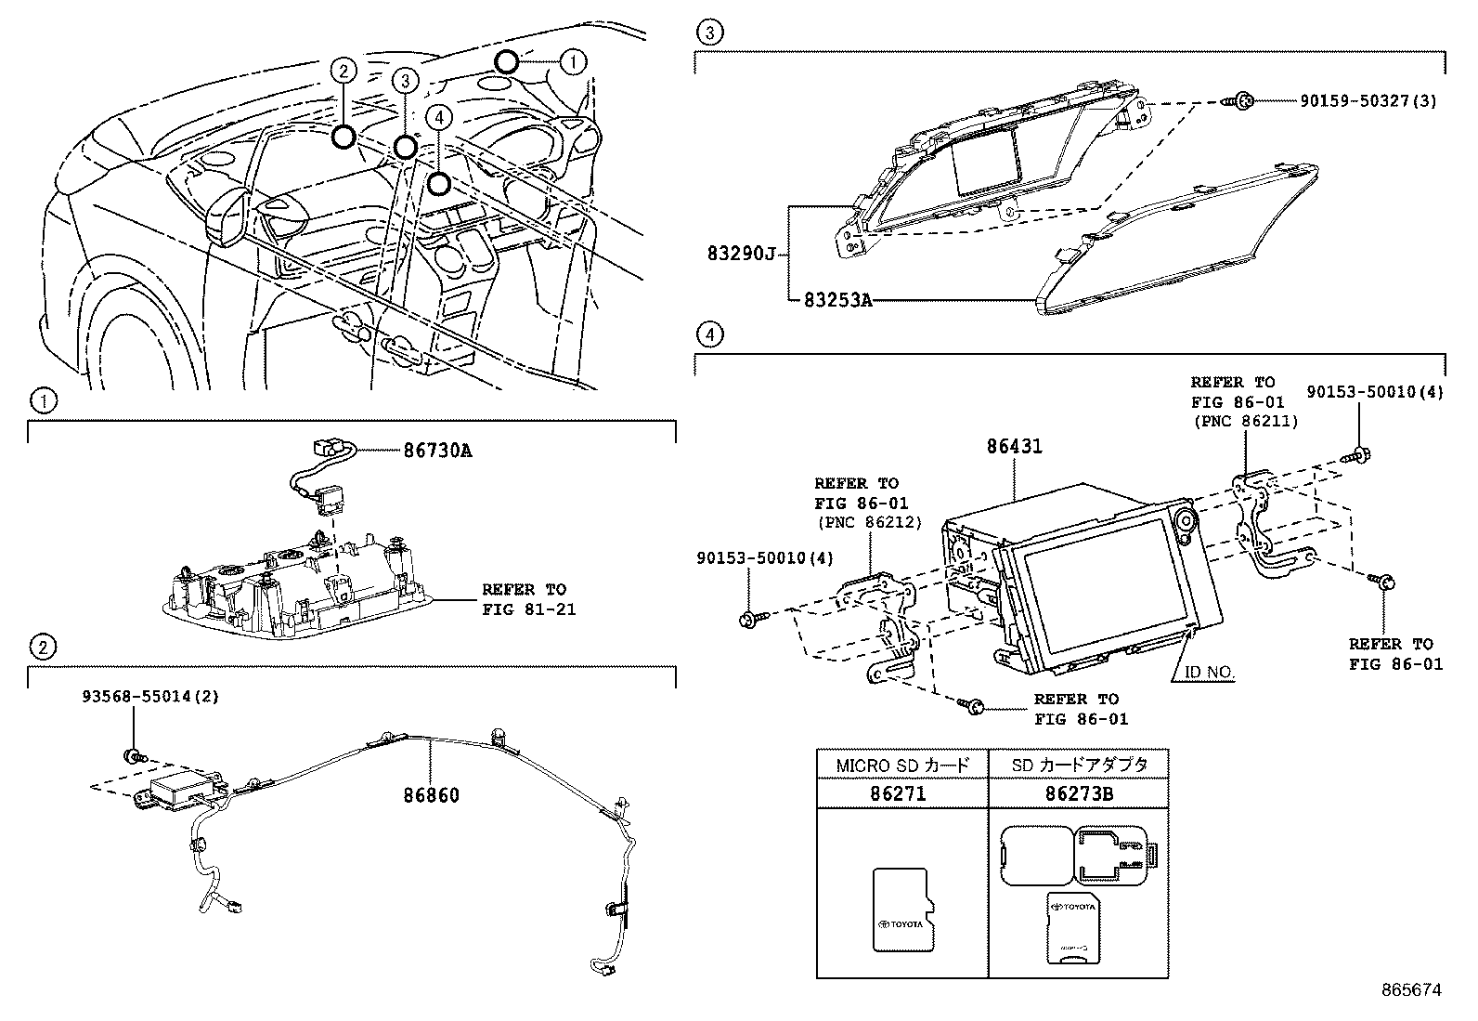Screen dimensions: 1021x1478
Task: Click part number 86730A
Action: click(x=437, y=451)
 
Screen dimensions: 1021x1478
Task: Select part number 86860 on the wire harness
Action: click(x=431, y=795)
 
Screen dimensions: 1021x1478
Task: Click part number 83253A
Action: click(x=836, y=300)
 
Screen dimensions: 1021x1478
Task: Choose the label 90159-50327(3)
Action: click(x=1368, y=99)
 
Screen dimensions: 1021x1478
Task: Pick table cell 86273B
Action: click(x=1078, y=794)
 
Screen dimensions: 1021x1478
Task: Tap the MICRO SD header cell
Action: click(x=901, y=766)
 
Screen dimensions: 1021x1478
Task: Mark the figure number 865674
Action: click(x=1412, y=990)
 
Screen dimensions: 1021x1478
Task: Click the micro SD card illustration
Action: click(x=901, y=910)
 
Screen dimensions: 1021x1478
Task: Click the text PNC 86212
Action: click(x=869, y=522)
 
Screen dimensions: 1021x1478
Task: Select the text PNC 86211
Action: click(x=1244, y=421)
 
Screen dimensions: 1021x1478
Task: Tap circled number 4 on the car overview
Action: click(x=440, y=115)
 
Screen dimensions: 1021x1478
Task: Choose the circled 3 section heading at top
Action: click(x=708, y=33)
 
